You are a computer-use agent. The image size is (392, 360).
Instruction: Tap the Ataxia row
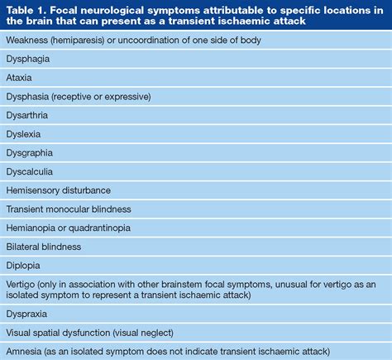pyautogui.click(x=21, y=78)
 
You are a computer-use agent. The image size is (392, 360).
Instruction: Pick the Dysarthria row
pyautogui.click(x=28, y=116)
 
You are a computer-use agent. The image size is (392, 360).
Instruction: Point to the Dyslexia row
pyautogui.click(x=24, y=134)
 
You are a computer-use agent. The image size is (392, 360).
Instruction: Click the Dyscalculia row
pyautogui.click(x=30, y=171)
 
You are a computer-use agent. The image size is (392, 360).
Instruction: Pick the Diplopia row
pyautogui.click(x=23, y=266)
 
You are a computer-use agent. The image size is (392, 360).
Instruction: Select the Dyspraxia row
pyautogui.click(x=28, y=315)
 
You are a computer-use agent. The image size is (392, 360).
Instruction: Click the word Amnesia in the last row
pyautogui.click(x=26, y=353)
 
